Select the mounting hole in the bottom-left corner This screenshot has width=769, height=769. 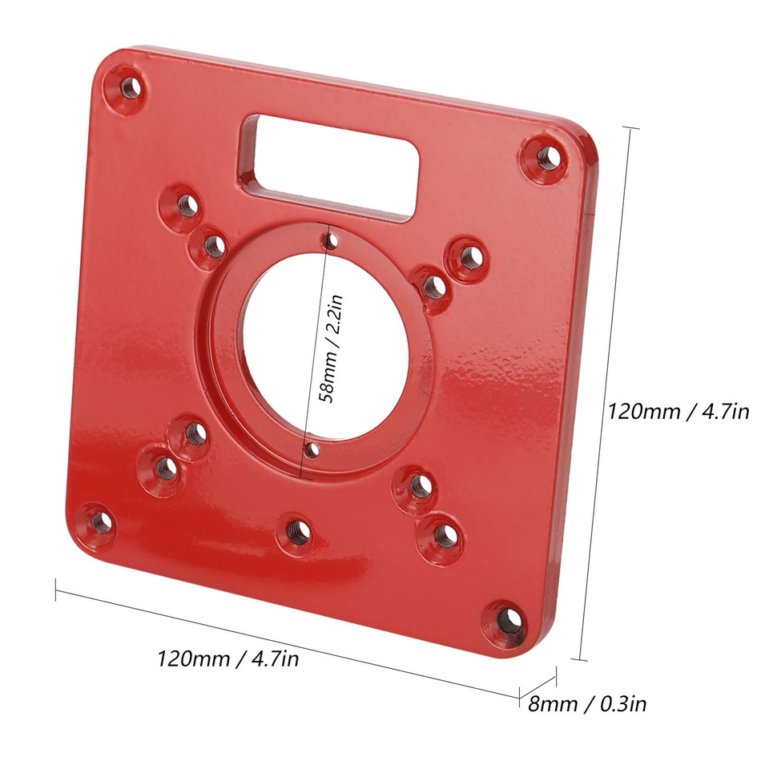[x=100, y=522]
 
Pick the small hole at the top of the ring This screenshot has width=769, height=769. [x=328, y=240]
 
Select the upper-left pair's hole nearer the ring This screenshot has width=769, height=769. [x=213, y=244]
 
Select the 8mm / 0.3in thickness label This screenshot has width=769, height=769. [x=587, y=704]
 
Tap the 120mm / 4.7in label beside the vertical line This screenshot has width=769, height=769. [x=678, y=412]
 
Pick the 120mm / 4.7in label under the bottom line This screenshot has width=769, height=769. [x=227, y=659]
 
